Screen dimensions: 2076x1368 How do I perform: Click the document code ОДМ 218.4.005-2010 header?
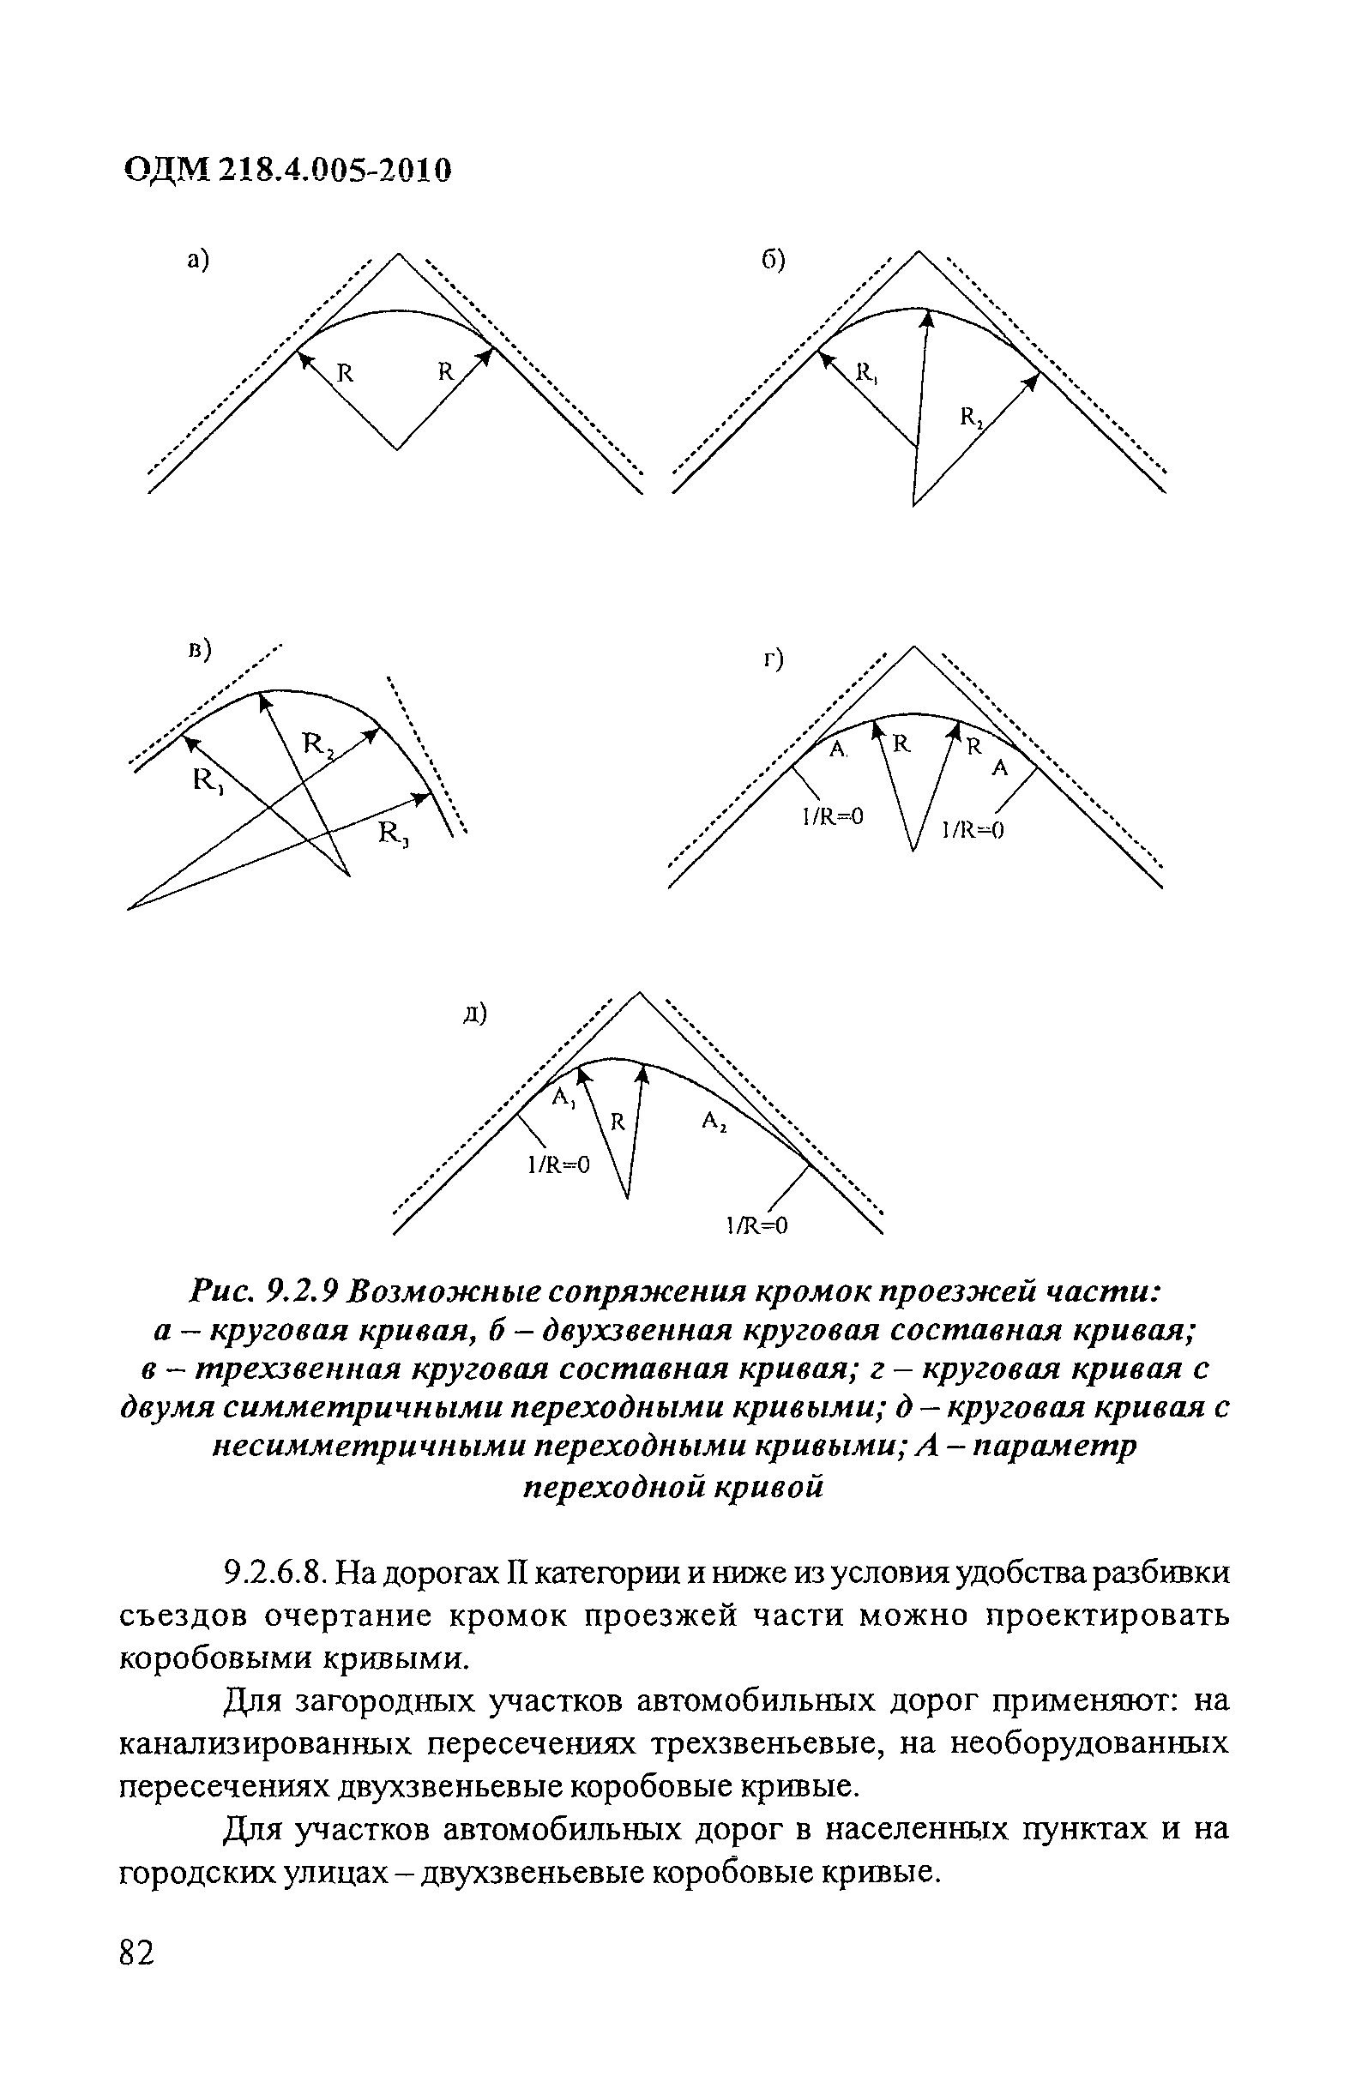tap(288, 171)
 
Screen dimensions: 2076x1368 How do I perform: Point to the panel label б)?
tap(772, 259)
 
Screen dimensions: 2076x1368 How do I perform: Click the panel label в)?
tap(200, 650)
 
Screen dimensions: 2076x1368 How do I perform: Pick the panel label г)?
tap(774, 660)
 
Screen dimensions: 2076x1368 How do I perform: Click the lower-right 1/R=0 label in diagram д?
tap(757, 1226)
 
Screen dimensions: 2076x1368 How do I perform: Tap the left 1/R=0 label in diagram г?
tap(832, 816)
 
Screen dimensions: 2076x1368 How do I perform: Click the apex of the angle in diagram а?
tap(398, 254)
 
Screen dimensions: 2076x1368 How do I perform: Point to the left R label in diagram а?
tap(346, 373)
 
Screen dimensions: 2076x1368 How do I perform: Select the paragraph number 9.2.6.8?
tap(276, 1573)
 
